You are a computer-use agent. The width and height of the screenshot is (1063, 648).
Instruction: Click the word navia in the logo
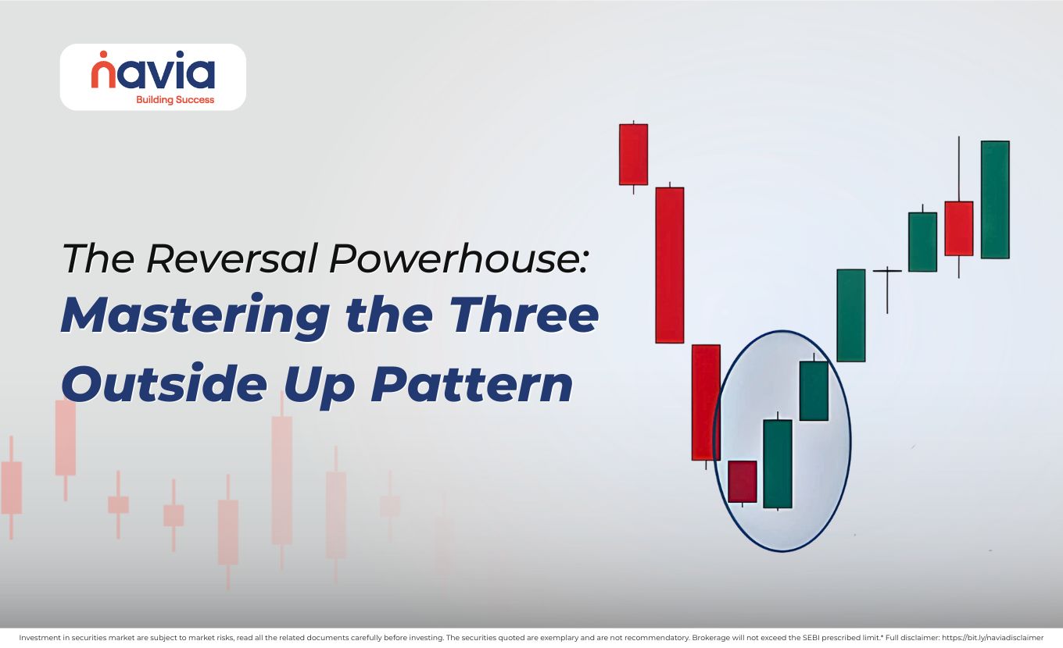point(152,73)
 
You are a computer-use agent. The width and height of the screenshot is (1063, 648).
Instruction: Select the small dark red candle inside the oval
point(742,482)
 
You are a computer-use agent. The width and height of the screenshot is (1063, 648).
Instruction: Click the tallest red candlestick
point(669,265)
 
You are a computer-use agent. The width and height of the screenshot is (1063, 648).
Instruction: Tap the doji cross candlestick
point(887,272)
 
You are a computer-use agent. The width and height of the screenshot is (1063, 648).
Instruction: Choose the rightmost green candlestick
point(994,200)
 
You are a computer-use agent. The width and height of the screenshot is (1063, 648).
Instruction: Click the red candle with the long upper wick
point(958,228)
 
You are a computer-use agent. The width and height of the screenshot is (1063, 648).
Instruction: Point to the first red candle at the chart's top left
point(633,155)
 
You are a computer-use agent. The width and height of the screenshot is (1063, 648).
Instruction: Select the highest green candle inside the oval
point(814,390)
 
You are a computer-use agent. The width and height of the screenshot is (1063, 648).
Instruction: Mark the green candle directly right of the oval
point(850,315)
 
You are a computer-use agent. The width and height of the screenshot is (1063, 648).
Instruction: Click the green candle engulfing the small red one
point(777,464)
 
